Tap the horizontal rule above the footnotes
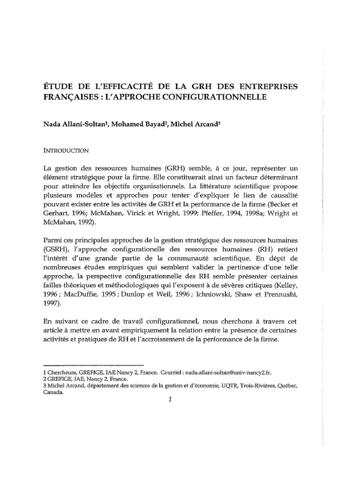pyautogui.click(x=93, y=365)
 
